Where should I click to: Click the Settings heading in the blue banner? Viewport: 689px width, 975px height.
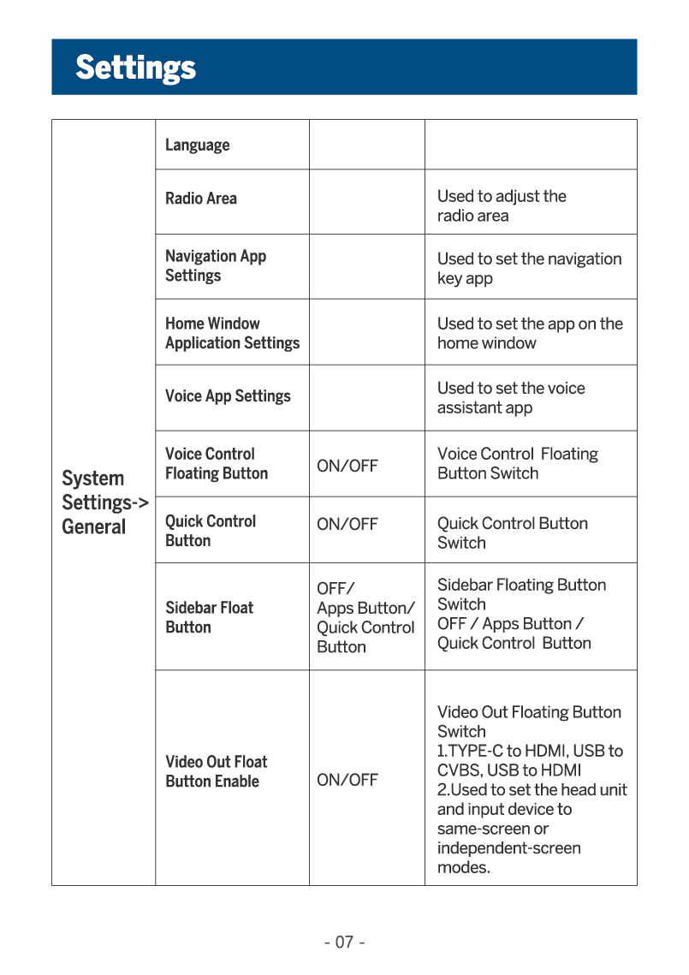coord(135,67)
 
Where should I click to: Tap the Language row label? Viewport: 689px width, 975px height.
coord(198,145)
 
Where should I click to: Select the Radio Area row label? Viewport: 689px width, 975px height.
coord(201,198)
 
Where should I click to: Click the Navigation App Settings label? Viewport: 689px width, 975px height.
coord(216,265)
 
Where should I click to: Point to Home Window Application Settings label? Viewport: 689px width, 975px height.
coord(232,333)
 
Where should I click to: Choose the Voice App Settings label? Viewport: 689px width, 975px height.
coord(228,396)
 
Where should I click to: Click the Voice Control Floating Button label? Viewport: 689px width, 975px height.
coord(217,463)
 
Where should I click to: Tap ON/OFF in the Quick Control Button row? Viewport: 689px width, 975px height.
coord(347,524)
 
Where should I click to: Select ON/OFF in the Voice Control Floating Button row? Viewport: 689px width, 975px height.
coord(347,466)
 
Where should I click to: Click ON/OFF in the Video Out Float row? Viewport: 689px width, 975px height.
coord(347,780)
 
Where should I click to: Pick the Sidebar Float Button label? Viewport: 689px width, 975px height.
coord(210,617)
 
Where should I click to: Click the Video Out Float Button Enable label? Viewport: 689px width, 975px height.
coord(217,771)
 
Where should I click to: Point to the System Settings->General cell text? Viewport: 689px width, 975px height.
coord(104,502)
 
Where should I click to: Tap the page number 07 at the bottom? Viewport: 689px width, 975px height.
coord(344,942)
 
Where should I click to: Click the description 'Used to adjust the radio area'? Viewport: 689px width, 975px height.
coord(502,205)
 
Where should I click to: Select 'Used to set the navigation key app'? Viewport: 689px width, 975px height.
coord(529,268)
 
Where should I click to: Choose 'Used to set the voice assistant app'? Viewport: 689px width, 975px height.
coord(511,397)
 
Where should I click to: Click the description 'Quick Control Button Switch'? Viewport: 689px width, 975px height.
coord(512,532)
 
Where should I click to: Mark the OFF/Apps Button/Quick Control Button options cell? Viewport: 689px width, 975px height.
coord(365,617)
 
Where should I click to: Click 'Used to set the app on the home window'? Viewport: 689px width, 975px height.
coord(530,333)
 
